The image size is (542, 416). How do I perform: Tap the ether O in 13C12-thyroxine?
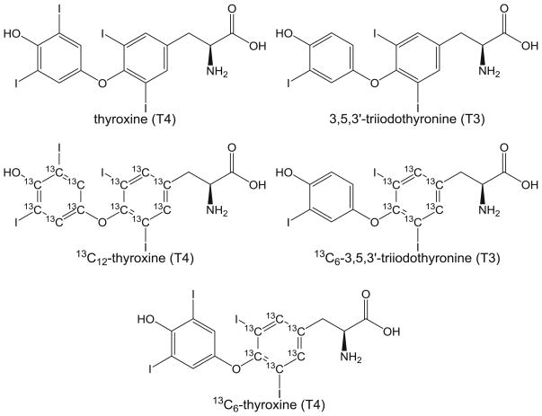[x=102, y=223]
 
